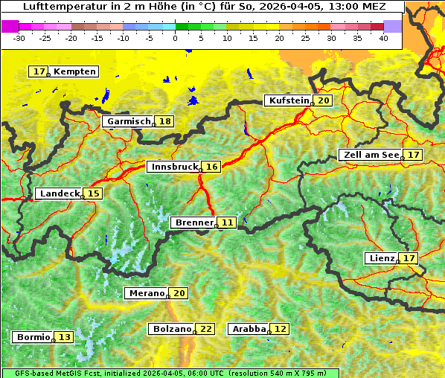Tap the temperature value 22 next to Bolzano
[206, 329]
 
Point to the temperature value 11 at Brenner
[227, 222]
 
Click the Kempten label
[74, 71]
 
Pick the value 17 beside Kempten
[39, 71]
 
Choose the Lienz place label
[382, 258]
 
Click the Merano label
[145, 293]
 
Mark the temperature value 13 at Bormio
[65, 337]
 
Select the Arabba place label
[249, 329]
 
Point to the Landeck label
[59, 193]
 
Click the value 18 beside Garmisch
[164, 121]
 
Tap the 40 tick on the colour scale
[383, 38]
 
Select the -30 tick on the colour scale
[19, 38]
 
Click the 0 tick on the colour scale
[176, 38]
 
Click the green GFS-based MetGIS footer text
[169, 373]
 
